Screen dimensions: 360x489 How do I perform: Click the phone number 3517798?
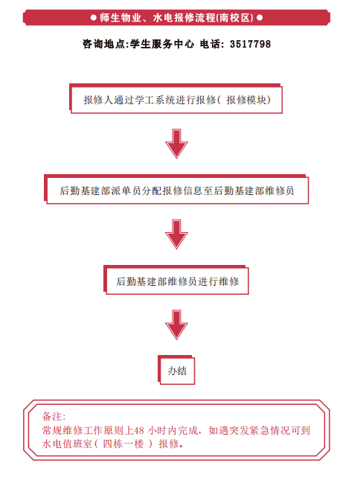[x=250, y=44]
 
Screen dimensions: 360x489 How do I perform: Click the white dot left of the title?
[x=93, y=18]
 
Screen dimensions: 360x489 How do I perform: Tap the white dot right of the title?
[x=260, y=18]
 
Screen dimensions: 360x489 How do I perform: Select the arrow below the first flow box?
[x=176, y=144]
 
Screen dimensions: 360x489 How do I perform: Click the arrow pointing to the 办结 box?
[x=176, y=325]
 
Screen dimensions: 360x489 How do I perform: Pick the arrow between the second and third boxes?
[x=176, y=234]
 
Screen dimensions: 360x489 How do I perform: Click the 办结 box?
[x=176, y=370]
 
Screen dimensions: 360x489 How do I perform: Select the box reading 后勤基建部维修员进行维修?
[x=176, y=280]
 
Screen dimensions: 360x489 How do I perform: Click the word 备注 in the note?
[x=52, y=416]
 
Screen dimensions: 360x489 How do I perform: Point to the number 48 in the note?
[x=138, y=430]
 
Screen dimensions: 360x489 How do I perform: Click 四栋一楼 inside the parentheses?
[x=123, y=444]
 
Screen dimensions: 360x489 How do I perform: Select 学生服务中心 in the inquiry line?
[x=162, y=44]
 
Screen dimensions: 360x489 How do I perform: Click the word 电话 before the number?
[x=210, y=44]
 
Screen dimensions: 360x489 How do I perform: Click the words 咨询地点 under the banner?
[x=103, y=44]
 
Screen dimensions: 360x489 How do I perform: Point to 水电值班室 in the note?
[x=67, y=444]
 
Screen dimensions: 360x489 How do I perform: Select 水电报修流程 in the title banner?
[x=184, y=18]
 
